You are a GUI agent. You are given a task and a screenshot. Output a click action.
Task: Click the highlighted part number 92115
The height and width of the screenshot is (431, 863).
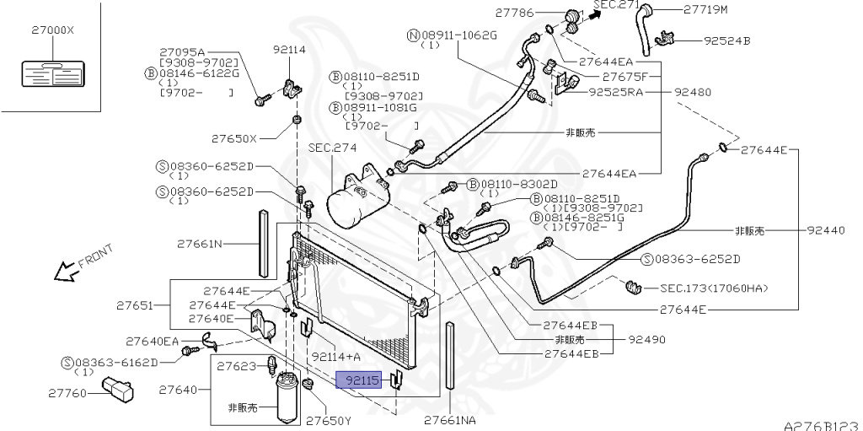(358, 380)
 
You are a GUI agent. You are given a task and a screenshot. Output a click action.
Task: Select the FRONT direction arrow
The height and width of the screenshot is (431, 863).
(62, 271)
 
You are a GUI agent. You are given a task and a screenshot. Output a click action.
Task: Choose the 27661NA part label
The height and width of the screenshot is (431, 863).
(449, 419)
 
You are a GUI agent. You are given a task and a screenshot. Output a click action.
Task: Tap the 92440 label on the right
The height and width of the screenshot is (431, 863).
(825, 230)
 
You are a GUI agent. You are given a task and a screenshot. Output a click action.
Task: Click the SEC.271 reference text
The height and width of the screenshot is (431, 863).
(619, 6)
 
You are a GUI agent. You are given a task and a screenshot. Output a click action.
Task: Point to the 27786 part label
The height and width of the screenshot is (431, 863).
(515, 12)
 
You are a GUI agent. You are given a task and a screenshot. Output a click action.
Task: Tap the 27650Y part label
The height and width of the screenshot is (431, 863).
(328, 419)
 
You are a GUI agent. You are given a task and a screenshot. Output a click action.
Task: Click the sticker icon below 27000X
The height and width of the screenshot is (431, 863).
(50, 73)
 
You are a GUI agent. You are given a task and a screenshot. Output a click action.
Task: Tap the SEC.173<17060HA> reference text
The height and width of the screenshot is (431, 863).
(715, 288)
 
